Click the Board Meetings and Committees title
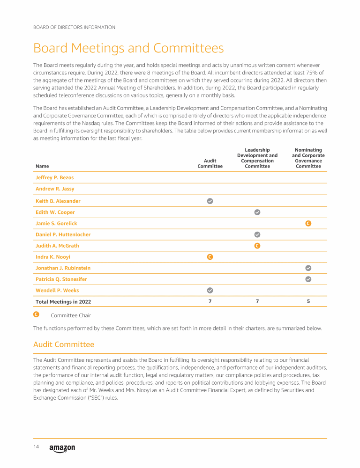(128, 48)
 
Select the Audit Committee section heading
(64, 344)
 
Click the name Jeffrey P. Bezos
(54, 178)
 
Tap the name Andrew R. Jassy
(55, 189)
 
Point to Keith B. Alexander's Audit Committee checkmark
(210, 201)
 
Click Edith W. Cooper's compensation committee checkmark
(257, 212)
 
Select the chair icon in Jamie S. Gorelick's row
(308, 223)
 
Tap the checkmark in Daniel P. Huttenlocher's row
(257, 234)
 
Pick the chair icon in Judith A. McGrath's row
(257, 246)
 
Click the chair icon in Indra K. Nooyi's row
(210, 257)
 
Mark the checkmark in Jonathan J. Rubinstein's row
(308, 268)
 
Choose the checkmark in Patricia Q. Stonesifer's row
(308, 279)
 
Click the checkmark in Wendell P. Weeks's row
(210, 290)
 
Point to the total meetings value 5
(308, 301)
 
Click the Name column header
(42, 166)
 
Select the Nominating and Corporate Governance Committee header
(308, 158)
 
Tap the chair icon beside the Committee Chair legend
(36, 315)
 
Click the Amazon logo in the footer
(62, 448)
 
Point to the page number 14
(36, 447)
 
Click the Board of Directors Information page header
(74, 27)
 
